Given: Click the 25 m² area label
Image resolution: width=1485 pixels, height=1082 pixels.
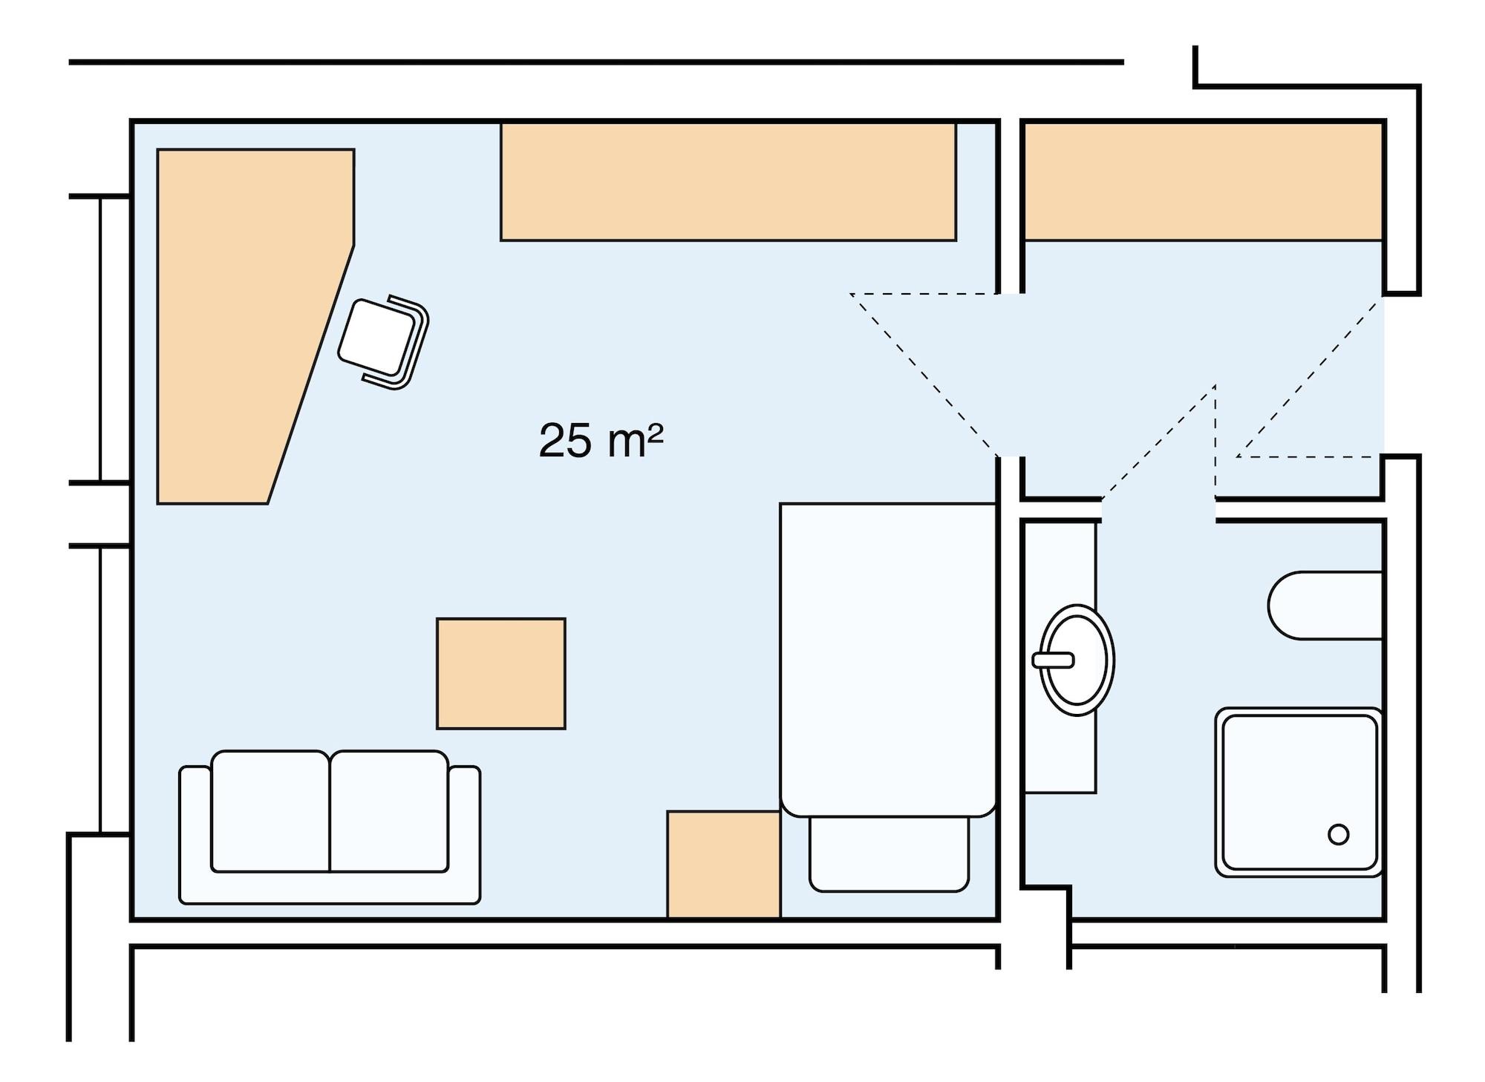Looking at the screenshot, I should (x=600, y=441).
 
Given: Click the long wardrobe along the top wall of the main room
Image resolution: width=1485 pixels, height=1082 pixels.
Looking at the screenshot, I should (x=728, y=182).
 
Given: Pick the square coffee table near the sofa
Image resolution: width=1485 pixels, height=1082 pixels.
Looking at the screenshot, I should (x=501, y=673).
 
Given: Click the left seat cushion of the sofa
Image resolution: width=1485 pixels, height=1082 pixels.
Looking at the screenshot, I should (x=270, y=810).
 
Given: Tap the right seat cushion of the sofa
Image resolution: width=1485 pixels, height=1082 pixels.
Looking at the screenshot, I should (x=389, y=810).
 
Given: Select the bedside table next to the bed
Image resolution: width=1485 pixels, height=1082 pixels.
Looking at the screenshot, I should (x=723, y=864).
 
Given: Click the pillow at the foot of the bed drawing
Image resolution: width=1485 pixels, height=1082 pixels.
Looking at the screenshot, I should (x=889, y=853).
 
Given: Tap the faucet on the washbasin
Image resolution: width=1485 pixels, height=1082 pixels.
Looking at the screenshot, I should (x=1053, y=660).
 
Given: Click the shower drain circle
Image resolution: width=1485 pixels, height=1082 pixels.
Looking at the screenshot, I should (x=1338, y=834).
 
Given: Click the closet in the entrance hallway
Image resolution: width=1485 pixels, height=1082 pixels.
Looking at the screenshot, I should (x=1203, y=182).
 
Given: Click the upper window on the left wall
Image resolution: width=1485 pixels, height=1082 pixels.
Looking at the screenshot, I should (x=100, y=339).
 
